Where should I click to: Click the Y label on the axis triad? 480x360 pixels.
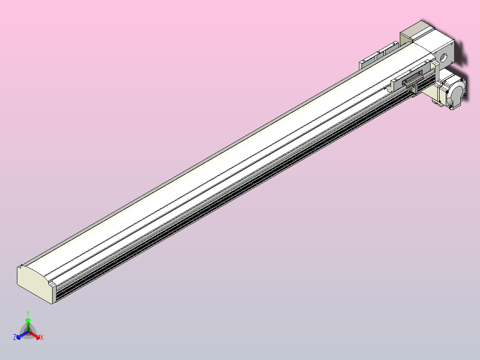click(28, 313)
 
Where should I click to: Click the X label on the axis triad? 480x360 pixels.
click(42, 338)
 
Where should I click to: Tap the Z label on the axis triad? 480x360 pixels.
click(15, 337)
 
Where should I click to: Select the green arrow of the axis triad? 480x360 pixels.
click(28, 321)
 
